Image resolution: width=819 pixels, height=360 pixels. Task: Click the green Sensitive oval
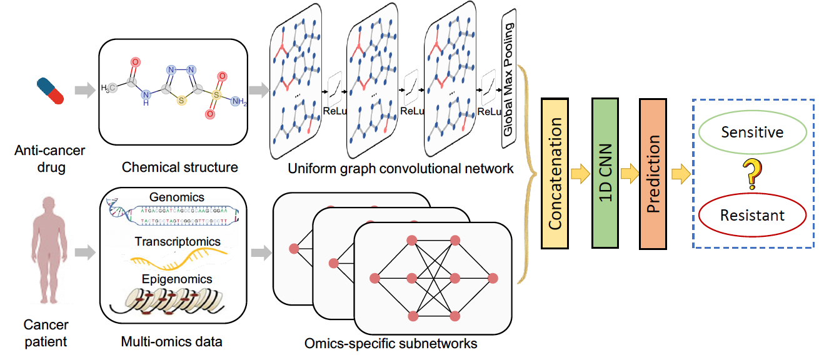coord(752,132)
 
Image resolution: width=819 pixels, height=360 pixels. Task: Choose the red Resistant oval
coord(752,216)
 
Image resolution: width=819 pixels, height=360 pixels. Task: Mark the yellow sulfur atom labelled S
coord(180,101)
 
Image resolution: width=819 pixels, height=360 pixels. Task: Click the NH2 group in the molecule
coord(238,101)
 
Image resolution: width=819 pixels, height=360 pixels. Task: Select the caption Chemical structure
coord(180,167)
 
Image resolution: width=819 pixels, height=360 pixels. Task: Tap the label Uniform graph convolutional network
coord(401,168)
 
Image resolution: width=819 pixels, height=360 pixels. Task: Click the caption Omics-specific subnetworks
coord(391,343)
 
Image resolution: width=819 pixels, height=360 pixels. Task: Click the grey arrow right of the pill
coord(83,91)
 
